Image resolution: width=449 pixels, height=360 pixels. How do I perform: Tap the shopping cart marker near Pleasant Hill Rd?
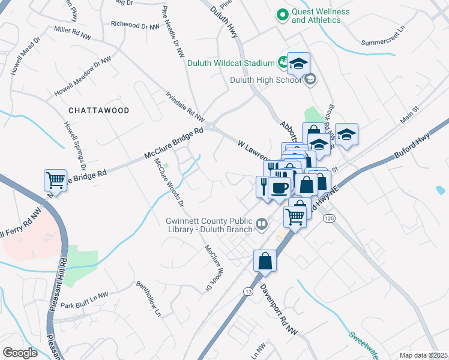[x=55, y=179]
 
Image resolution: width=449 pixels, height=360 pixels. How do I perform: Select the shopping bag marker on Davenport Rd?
[x=264, y=261]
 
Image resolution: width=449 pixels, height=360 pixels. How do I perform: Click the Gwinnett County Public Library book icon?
[x=262, y=224]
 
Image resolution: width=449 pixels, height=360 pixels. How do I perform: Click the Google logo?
[x=20, y=353]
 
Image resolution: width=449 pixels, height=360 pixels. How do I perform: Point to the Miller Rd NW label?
[x=74, y=29]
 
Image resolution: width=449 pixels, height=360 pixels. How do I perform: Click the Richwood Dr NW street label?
[x=135, y=25]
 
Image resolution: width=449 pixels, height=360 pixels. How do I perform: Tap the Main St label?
[x=409, y=116]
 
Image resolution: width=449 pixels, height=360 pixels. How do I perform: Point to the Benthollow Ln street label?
[x=149, y=298]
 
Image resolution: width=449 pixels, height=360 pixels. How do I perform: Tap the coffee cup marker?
[x=279, y=188]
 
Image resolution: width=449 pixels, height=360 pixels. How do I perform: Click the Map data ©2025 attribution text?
[x=423, y=355]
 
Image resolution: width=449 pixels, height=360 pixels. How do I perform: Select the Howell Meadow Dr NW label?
[x=82, y=77]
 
